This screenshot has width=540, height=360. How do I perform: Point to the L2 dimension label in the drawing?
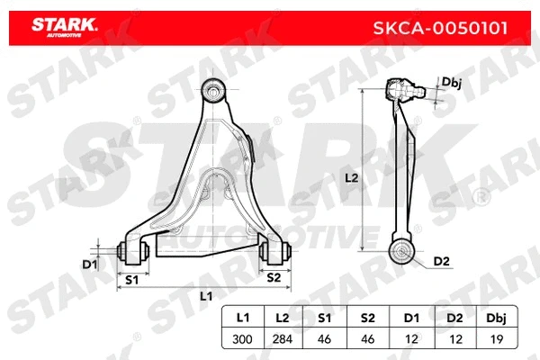352,178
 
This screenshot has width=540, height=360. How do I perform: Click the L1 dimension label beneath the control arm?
205,296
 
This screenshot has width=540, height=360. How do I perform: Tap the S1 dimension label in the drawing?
131,279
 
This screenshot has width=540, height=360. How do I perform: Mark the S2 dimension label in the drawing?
274,279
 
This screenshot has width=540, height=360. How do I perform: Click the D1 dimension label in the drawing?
89,264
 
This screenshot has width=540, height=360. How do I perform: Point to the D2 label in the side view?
440,261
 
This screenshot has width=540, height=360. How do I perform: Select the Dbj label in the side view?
451,82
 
